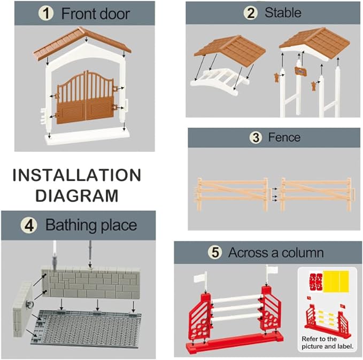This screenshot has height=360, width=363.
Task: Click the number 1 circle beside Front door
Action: click(x=46, y=13)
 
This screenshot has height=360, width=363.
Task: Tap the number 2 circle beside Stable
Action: click(x=251, y=12)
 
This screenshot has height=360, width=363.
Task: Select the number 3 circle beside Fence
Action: click(x=256, y=137)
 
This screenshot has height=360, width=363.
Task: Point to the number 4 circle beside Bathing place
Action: click(x=29, y=225)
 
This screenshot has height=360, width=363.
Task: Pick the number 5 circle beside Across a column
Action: click(x=215, y=252)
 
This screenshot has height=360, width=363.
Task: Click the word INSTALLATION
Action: click(x=77, y=175)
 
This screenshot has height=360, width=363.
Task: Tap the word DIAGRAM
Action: click(x=77, y=195)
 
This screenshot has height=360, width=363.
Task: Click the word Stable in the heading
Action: click(x=283, y=12)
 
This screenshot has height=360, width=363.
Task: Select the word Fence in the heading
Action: click(x=284, y=137)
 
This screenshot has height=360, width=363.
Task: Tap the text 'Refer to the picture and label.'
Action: click(x=327, y=343)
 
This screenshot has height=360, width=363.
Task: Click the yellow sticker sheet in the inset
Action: click(x=336, y=281)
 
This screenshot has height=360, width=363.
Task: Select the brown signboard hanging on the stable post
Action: click(x=302, y=71)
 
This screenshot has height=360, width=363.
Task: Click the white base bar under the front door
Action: click(x=86, y=137)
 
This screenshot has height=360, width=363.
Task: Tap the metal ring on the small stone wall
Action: click(x=30, y=304)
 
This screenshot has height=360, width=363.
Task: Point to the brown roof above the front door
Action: click(x=82, y=43)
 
